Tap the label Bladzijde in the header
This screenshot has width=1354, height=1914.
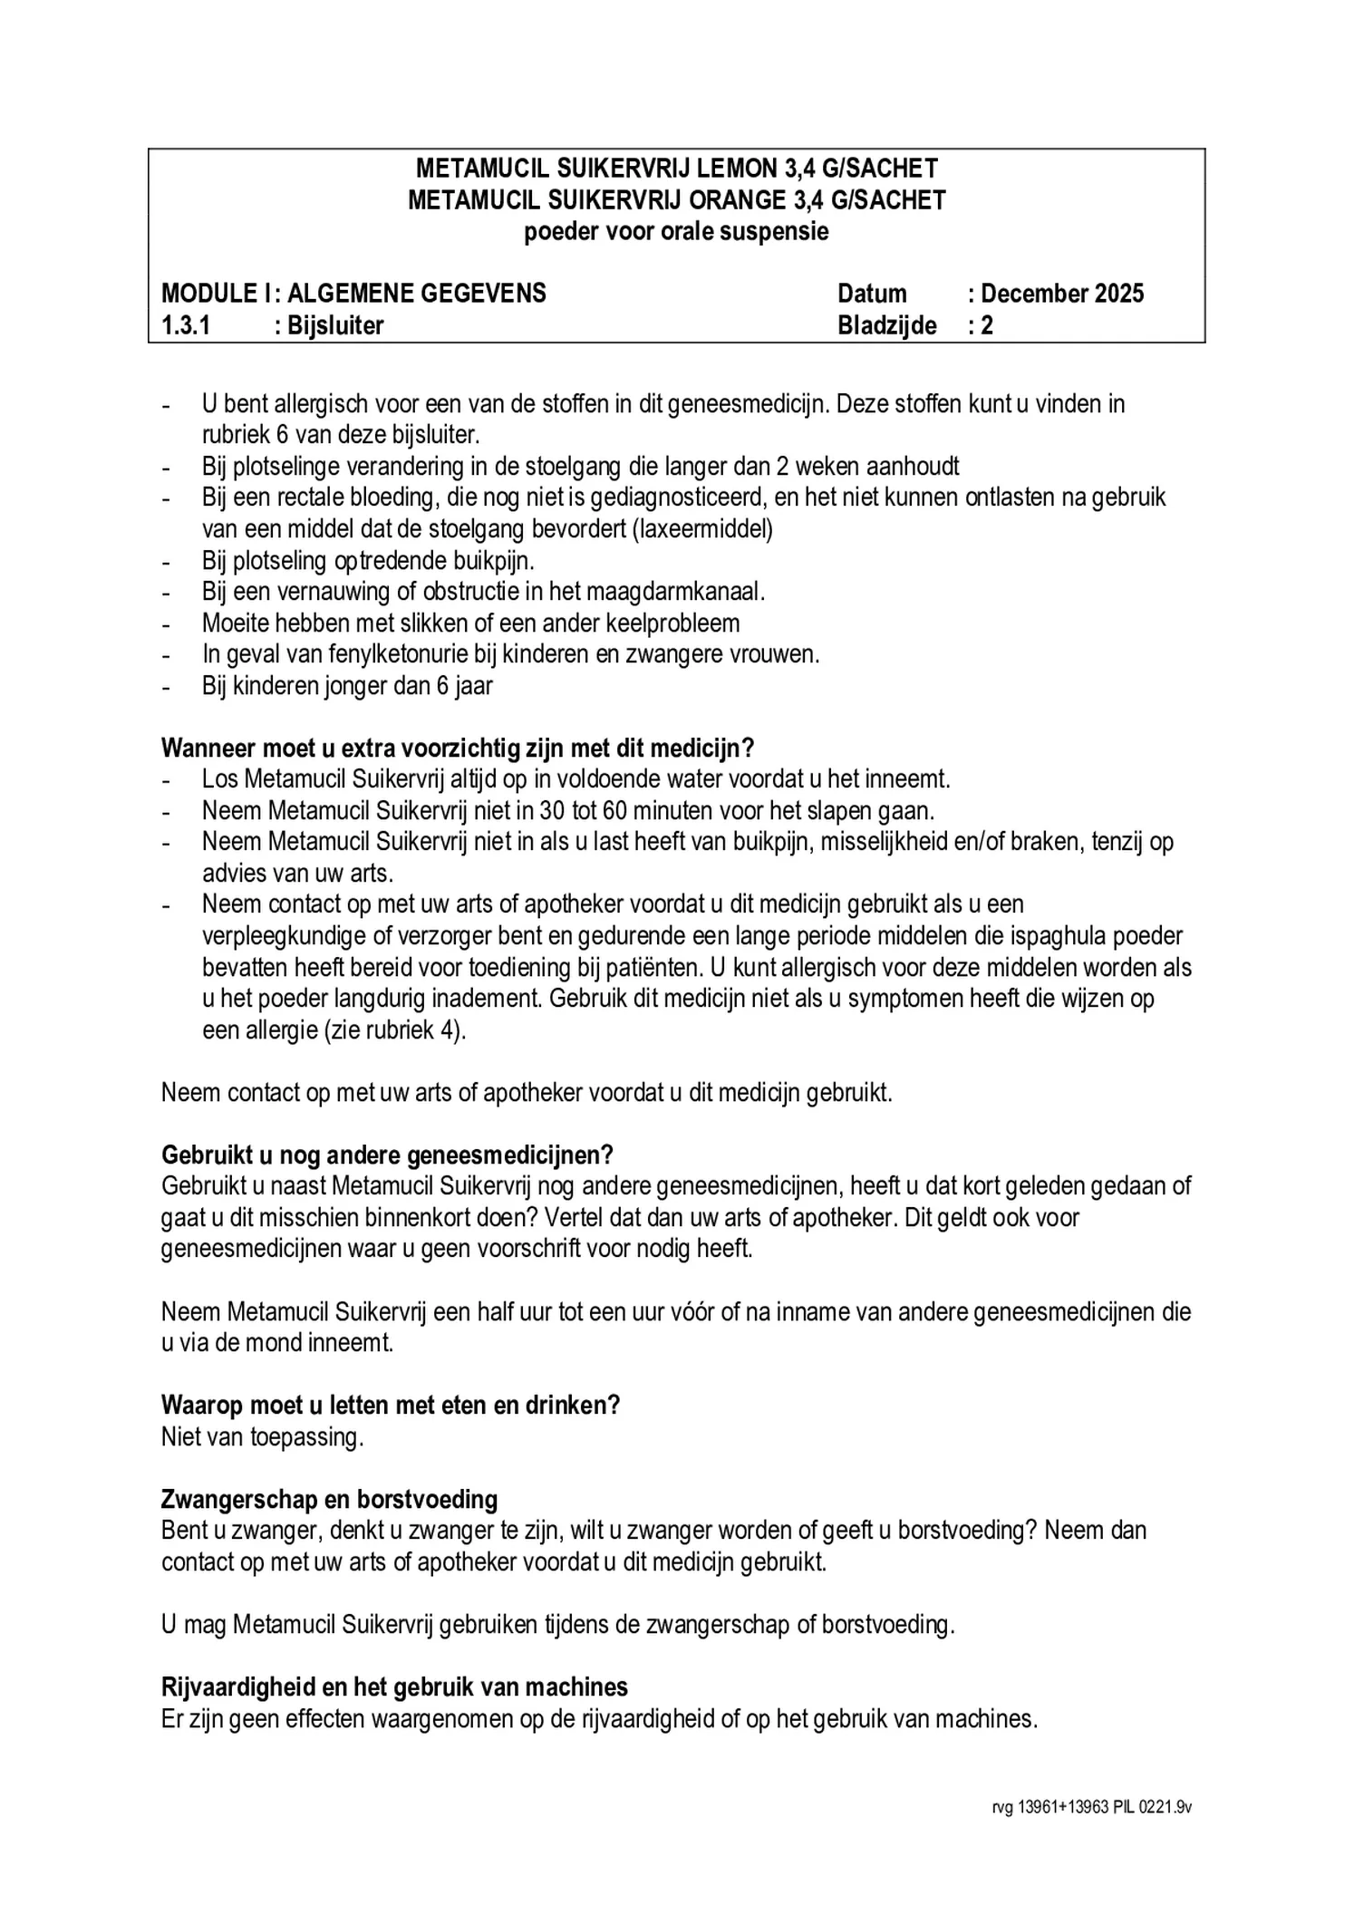[x=886, y=325]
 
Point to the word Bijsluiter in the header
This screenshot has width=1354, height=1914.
[x=335, y=325]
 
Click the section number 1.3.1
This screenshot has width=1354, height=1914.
[x=186, y=325]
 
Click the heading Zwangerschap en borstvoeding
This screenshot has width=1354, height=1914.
[x=329, y=1499]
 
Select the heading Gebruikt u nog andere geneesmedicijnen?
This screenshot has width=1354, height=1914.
[x=387, y=1155]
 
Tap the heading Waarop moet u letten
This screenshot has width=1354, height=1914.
[x=391, y=1405]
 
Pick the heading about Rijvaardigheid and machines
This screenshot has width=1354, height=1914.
[x=394, y=1687]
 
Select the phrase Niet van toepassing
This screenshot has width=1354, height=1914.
[x=262, y=1436]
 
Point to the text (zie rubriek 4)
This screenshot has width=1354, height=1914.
[x=395, y=1030]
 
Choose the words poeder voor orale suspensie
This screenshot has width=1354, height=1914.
[x=676, y=232]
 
